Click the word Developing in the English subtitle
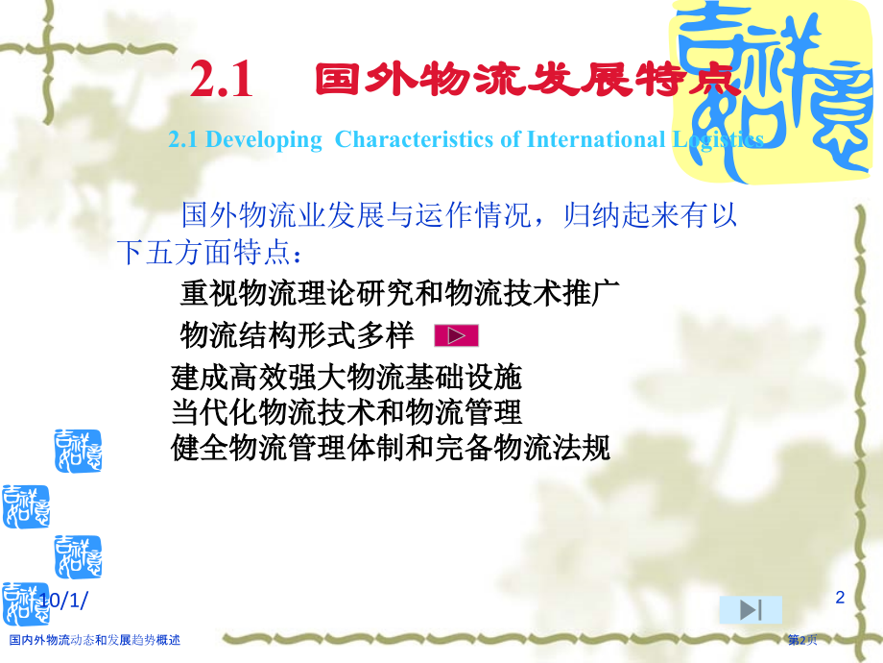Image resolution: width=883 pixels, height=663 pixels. [264, 139]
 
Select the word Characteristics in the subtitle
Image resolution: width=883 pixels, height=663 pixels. [414, 139]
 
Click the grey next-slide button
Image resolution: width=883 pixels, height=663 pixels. [751, 609]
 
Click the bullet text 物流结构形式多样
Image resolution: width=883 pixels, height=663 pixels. [298, 335]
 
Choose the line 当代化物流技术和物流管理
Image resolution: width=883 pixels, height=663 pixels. [346, 412]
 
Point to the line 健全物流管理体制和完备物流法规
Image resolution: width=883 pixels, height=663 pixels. [390, 449]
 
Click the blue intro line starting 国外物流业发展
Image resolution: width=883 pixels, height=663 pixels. [460, 214]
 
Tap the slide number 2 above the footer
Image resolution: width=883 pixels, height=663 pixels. [841, 598]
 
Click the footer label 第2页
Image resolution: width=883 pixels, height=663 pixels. [801, 640]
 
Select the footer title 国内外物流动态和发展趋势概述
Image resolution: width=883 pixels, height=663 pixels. [94, 640]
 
